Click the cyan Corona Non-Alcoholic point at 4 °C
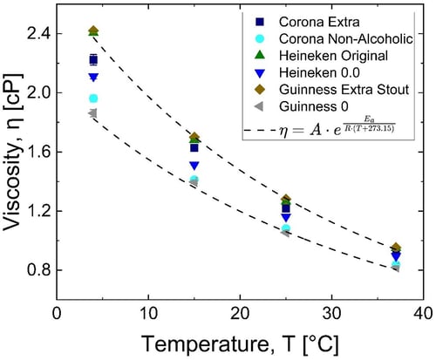(93, 98)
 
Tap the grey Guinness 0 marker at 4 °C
(92, 113)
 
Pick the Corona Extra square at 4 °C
(93, 59)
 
